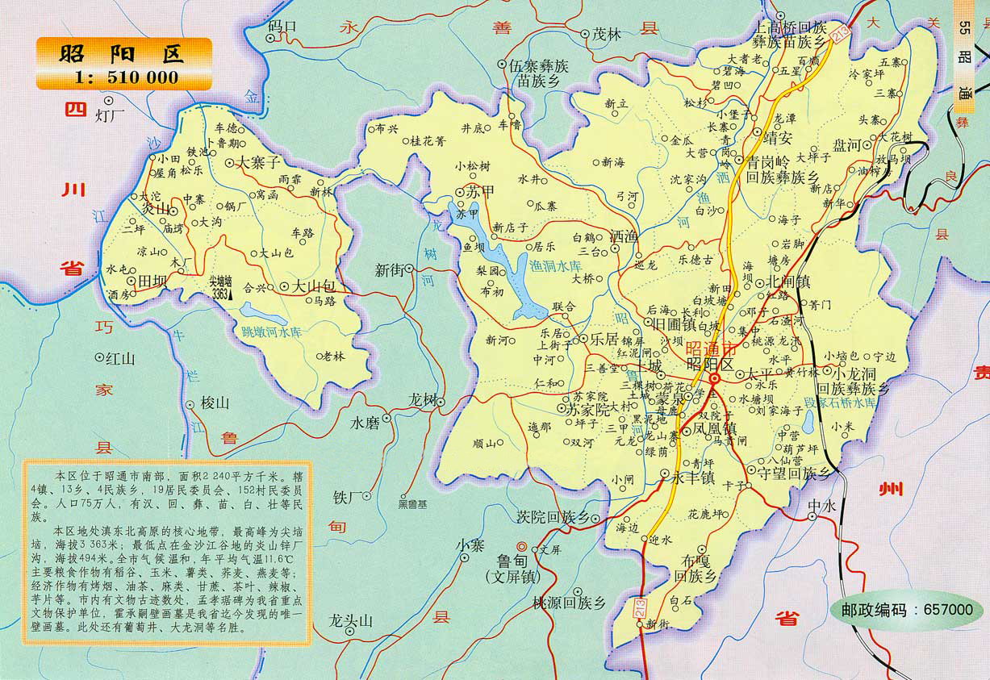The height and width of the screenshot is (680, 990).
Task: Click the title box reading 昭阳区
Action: pyautogui.click(x=121, y=53)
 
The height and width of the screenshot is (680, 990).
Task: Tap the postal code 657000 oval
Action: pyautogui.click(x=908, y=610)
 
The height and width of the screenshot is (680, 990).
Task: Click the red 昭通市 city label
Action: pyautogui.click(x=710, y=349)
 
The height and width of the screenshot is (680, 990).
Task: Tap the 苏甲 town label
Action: pyautogui.click(x=476, y=193)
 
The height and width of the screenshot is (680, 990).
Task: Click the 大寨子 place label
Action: pyautogui.click(x=257, y=162)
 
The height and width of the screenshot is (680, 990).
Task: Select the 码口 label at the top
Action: pyautogui.click(x=282, y=27)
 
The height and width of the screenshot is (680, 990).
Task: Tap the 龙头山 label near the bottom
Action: pyautogui.click(x=352, y=620)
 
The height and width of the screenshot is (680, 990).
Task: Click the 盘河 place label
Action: pyautogui.click(x=847, y=145)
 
